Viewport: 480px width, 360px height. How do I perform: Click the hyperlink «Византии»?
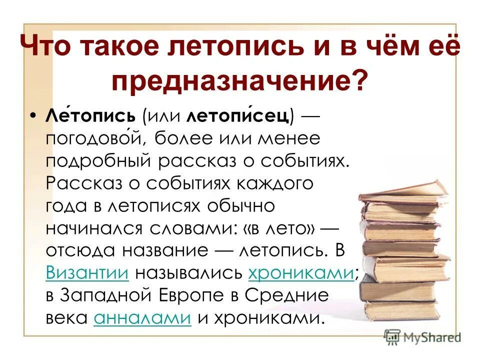click(87, 273)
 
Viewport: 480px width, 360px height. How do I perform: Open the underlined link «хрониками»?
click(300, 273)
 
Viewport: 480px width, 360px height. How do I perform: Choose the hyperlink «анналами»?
click(142, 318)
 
